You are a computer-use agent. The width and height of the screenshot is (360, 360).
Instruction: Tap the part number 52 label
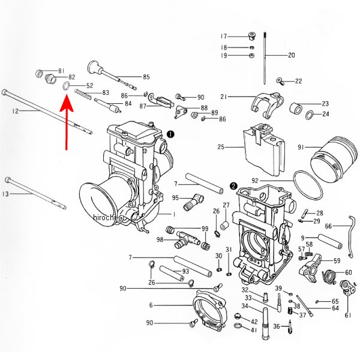(89, 86)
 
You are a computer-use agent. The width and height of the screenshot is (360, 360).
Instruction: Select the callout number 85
(146, 77)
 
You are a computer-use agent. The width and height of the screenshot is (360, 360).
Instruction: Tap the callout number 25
(221, 146)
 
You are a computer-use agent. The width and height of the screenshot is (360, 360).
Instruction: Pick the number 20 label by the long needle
(292, 55)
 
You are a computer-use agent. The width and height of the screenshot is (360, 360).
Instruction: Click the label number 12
(15, 112)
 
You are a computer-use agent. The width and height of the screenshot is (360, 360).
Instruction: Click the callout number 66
(328, 226)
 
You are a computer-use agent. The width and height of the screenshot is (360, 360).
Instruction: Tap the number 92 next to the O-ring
(254, 181)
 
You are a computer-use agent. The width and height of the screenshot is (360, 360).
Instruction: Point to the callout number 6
(151, 305)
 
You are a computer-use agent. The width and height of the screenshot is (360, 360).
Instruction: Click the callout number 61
(347, 316)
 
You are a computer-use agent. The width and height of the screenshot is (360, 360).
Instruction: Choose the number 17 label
(224, 36)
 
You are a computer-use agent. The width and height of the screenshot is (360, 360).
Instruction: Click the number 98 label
(160, 240)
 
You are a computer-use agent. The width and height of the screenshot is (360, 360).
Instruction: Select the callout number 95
(176, 198)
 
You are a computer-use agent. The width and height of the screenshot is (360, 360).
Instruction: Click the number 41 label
(254, 330)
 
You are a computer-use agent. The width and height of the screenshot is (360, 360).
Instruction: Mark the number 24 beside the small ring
(326, 113)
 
